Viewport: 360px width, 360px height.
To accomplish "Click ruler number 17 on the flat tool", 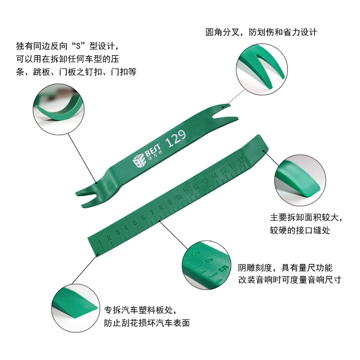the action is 241,160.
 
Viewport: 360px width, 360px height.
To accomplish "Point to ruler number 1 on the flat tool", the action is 100,243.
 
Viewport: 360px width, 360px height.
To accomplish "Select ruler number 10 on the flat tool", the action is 179,197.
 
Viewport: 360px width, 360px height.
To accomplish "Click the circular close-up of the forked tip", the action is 262,69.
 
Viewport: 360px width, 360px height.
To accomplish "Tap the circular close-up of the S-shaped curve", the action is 59,109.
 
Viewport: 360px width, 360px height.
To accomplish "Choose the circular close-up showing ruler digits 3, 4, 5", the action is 206,265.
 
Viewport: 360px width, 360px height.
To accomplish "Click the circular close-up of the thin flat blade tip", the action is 75,308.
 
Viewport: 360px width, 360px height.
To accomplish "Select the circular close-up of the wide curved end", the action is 300,180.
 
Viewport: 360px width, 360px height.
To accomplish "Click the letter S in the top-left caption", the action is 79,46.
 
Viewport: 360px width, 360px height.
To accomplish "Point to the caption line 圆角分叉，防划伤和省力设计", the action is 261,32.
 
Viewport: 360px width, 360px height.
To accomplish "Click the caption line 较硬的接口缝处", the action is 300,230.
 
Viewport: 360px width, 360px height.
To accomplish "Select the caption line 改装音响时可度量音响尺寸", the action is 290,280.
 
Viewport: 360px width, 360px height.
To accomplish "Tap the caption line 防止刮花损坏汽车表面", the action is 147,323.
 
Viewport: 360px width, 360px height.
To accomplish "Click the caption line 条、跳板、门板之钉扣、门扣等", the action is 76,72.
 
